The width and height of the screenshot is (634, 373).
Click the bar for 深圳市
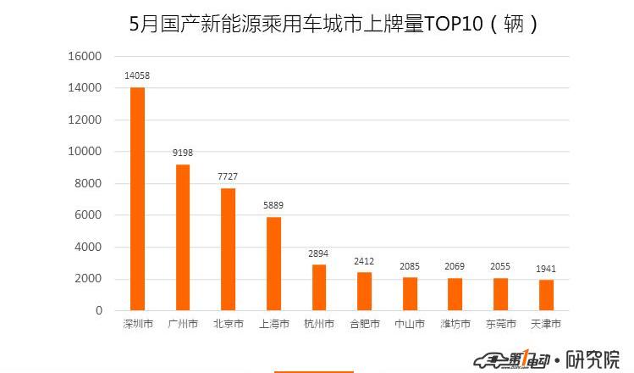click(137, 198)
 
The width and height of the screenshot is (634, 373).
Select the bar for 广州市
click(183, 237)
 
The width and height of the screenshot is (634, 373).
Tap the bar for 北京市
click(228, 249)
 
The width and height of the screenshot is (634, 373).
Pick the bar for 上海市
click(273, 264)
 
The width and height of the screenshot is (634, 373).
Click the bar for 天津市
click(546, 295)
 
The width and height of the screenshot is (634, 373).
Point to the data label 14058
click(137, 76)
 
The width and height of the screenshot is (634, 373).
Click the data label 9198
click(183, 153)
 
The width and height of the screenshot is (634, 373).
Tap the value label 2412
click(364, 261)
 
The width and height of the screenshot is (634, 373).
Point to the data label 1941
click(546, 269)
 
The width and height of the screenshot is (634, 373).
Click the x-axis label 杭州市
click(318, 324)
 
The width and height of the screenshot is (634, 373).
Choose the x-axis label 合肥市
click(364, 324)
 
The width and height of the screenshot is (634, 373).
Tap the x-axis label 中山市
click(410, 324)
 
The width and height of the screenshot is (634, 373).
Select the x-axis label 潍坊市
click(455, 324)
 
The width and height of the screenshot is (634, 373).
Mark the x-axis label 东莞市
click(500, 324)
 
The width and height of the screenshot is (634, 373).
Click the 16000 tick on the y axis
click(85, 56)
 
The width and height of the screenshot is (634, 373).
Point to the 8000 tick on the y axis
click(88, 183)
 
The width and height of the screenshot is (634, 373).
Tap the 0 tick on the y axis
click(99, 311)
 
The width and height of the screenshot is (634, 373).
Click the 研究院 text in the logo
click(593, 358)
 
